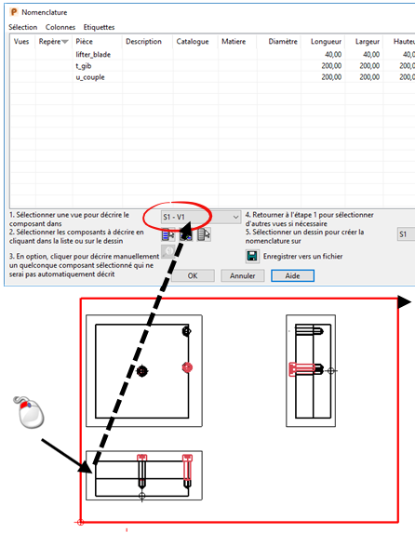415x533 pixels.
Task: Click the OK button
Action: coord(193,275)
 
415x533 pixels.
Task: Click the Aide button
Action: coord(292,275)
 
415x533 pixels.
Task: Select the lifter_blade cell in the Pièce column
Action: coord(93,54)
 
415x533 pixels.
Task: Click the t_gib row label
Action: coord(84,66)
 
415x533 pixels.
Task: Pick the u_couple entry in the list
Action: coord(90,77)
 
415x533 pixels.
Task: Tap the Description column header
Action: coord(143,42)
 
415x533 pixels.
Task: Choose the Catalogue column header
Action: coord(193,42)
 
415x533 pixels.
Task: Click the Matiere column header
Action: coord(234,42)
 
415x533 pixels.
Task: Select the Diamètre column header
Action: coord(283,42)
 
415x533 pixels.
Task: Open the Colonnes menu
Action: coord(60,27)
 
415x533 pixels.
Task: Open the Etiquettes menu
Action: coord(99,27)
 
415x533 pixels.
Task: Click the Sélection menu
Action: coord(22,27)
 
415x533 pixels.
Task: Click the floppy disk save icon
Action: coord(252,257)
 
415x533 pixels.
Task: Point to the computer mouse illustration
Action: coord(29,412)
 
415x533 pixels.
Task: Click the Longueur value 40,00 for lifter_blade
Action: coord(333,54)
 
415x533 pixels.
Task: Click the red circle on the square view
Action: coord(187,367)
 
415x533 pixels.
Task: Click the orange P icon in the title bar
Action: coord(14,12)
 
